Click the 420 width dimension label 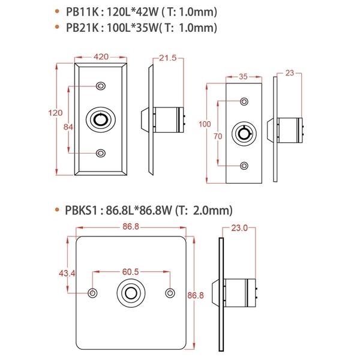(101, 57)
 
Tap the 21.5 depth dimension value (168, 58)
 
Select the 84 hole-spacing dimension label (68, 127)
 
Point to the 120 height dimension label (55, 113)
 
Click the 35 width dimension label (243, 76)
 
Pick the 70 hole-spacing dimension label (218, 136)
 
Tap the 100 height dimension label (205, 124)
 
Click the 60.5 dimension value (130, 272)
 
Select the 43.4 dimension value (67, 274)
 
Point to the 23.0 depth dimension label (239, 228)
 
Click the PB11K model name (82, 12)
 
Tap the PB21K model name (82, 28)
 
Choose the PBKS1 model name (81, 211)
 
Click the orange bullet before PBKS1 (57, 209)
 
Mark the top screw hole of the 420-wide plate (101, 86)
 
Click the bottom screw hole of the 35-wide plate (244, 166)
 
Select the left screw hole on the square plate (92, 293)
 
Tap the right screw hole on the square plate (170, 293)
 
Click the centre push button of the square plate (131, 293)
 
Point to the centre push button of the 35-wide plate (244, 134)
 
